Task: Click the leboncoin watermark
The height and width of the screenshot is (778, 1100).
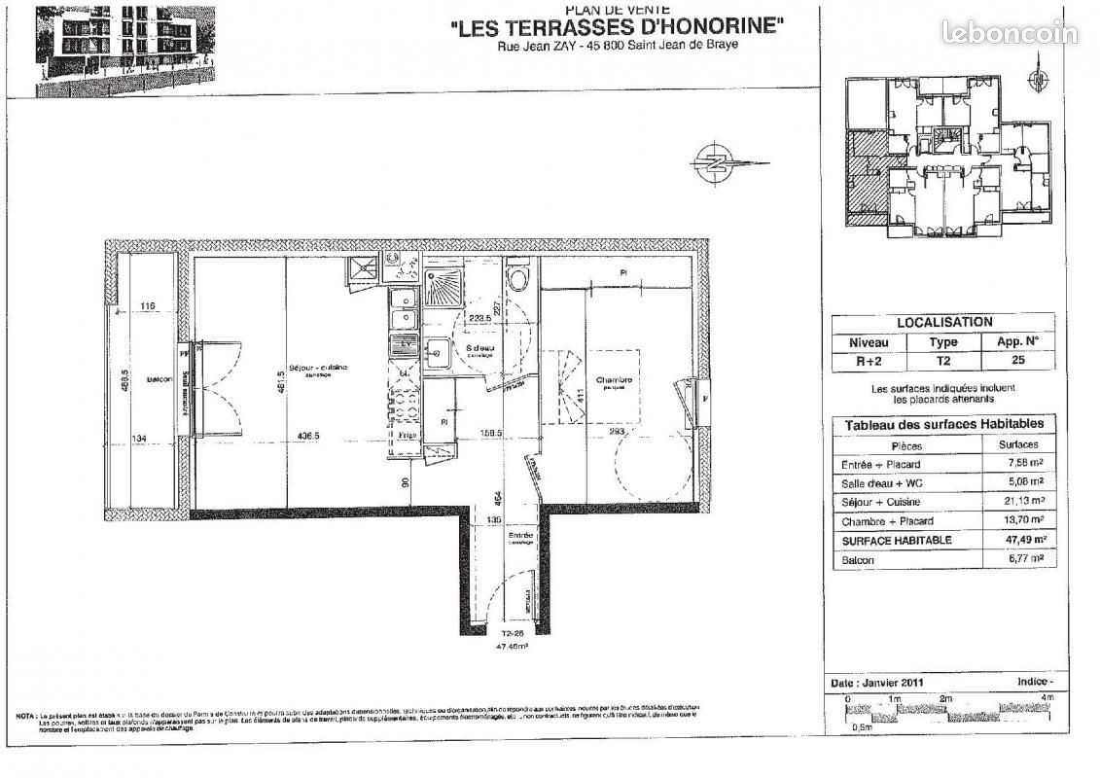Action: pyautogui.click(x=1009, y=33)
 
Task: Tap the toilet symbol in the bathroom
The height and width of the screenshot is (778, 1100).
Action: pyautogui.click(x=518, y=280)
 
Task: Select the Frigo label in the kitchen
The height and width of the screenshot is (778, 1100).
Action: pyautogui.click(x=407, y=436)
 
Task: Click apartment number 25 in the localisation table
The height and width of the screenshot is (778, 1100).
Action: pyautogui.click(x=1017, y=360)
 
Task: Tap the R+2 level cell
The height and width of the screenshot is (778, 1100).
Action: pyautogui.click(x=869, y=360)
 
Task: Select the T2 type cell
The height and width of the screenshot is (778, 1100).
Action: pyautogui.click(x=942, y=360)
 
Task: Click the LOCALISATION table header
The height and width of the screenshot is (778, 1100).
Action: pyautogui.click(x=943, y=322)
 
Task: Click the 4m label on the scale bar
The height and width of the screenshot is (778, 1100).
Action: pyautogui.click(x=1047, y=699)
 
